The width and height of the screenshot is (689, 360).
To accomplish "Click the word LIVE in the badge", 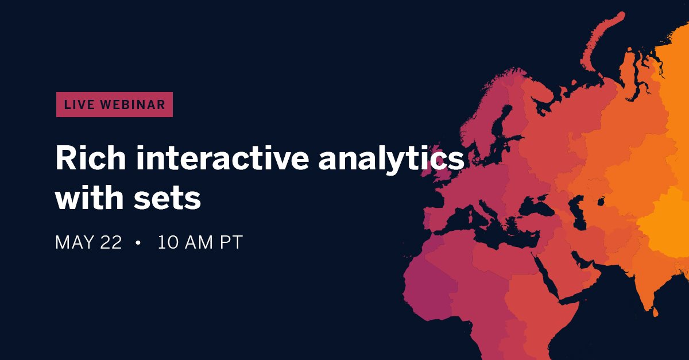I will [78, 104].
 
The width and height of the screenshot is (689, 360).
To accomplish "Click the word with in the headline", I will [92, 198].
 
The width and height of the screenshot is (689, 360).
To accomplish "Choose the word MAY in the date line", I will [73, 242].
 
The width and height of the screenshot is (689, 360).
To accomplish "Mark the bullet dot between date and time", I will [138, 243].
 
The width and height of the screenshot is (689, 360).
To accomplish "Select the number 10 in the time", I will [168, 242].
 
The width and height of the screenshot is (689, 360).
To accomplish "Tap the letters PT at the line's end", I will [231, 242].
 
